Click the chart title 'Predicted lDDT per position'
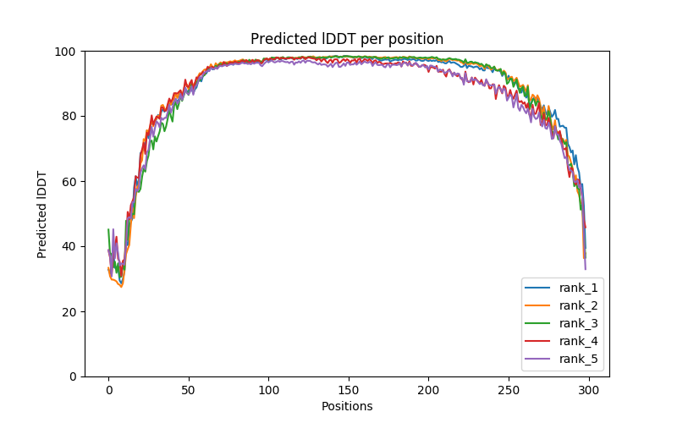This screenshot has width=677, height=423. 347,39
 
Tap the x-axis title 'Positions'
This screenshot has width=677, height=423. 347,406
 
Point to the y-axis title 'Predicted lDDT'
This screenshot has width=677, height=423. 42,213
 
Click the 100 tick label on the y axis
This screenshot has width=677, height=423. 66,51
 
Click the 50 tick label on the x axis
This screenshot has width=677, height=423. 189,390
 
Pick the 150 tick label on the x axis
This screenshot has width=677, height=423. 349,390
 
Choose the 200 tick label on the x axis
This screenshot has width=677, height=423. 429,390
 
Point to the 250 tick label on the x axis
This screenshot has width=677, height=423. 509,390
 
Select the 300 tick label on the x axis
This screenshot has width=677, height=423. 589,390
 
